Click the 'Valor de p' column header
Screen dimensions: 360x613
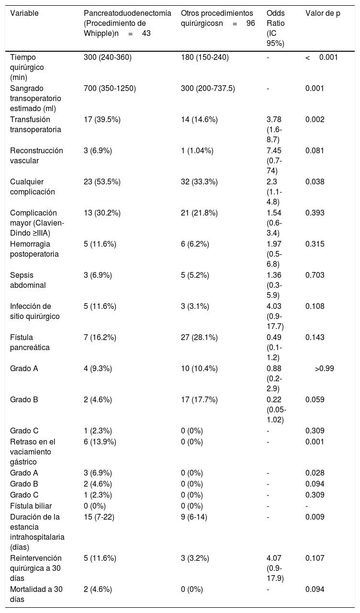coord(323,13)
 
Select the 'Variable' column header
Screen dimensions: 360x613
coord(24,13)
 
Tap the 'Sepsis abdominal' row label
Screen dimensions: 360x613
coord(28,280)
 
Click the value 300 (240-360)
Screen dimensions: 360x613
coord(108,57)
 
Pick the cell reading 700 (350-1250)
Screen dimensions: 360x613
coord(110,89)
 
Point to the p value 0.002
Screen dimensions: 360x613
coord(315,120)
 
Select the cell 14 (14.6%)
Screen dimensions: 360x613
coord(199,120)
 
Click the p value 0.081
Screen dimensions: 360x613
coord(315,151)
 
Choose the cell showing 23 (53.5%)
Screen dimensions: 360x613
coord(102,182)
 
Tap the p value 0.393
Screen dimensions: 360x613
coord(315,213)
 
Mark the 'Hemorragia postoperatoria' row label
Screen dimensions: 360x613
coord(34,249)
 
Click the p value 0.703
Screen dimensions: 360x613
coord(315,275)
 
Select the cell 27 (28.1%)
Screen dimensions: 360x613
coord(199,338)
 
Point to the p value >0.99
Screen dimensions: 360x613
coord(325,369)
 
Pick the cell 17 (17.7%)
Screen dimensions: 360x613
coord(199,400)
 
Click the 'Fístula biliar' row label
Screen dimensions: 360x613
coord(31,506)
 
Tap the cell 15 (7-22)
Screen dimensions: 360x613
coord(99,517)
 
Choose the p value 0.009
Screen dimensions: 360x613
coord(315,517)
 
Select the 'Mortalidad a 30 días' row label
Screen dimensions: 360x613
coord(36,594)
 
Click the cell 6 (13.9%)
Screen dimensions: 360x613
coord(100,442)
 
